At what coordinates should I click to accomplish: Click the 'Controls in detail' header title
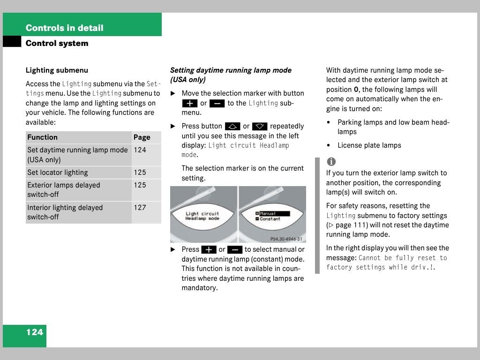[64, 28]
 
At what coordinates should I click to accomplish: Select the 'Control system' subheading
[57, 43]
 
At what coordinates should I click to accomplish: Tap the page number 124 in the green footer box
[34, 332]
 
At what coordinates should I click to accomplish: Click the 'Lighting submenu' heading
[57, 70]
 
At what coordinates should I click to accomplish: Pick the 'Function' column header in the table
[42, 137]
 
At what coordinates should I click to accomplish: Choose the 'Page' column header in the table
[142, 137]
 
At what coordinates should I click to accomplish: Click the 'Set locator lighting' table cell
[58, 172]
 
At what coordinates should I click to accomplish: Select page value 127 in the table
[140, 208]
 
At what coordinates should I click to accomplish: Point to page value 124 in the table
[140, 150]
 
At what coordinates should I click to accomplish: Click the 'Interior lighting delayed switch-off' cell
[65, 212]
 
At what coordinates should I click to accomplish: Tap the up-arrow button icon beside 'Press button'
[232, 126]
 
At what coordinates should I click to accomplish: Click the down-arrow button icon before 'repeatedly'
[260, 126]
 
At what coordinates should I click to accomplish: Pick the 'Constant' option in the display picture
[270, 219]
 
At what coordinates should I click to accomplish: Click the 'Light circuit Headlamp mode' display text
[202, 216]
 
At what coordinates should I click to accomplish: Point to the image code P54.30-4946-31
[286, 239]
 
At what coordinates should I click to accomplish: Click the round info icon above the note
[331, 162]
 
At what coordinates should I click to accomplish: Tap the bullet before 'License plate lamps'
[328, 145]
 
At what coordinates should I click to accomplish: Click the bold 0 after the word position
[356, 90]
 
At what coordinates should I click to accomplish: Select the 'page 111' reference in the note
[347, 225]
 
